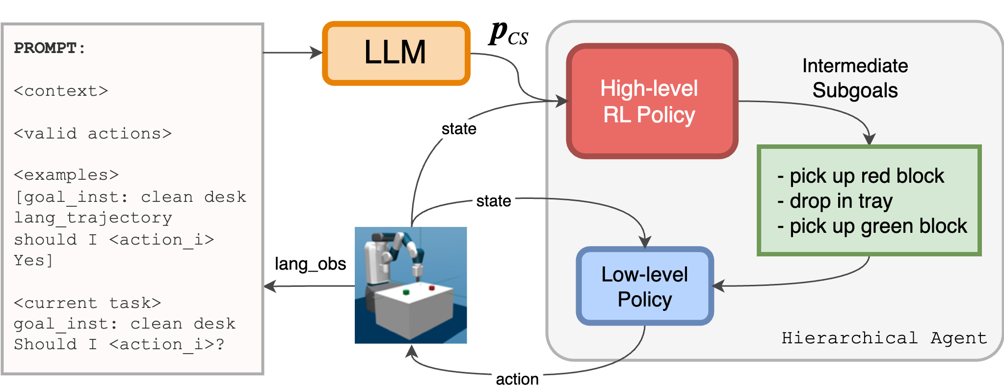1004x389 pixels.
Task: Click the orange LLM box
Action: [396, 53]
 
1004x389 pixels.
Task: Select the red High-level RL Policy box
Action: [652, 102]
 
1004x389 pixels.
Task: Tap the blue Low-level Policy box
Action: [644, 286]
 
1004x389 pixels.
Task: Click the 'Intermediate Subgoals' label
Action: [855, 78]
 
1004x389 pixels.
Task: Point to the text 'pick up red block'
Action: [867, 176]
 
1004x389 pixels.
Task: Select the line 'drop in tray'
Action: [841, 201]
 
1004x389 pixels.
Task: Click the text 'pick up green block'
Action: [878, 226]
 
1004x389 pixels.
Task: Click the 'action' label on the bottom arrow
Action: [517, 379]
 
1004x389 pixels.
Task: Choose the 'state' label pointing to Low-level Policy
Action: [494, 201]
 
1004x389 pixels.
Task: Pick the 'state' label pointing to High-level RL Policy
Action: [459, 129]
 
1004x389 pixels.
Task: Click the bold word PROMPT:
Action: [50, 48]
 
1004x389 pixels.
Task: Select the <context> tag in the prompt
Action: [61, 91]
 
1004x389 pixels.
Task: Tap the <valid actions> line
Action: [93, 134]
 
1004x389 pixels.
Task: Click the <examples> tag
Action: [66, 175]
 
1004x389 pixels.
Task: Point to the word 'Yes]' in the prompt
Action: [33, 260]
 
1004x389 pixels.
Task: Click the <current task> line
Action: [87, 303]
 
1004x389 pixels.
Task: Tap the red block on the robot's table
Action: [432, 288]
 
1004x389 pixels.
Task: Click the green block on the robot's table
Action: [406, 292]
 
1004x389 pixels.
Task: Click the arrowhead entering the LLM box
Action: [316, 53]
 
